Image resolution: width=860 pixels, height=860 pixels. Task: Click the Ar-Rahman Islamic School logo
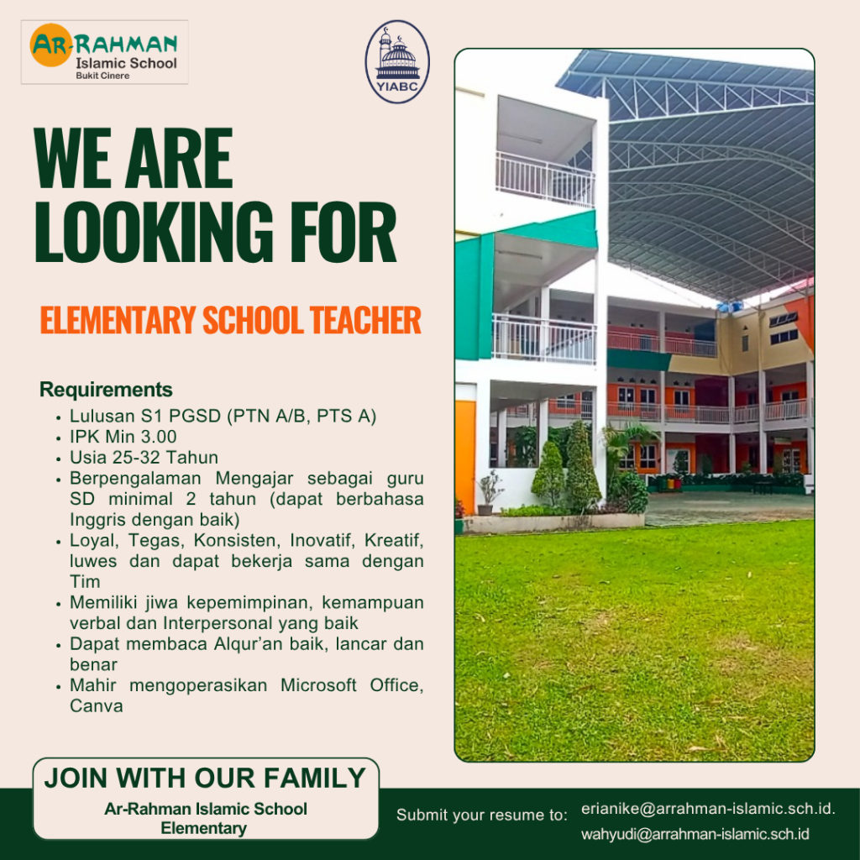click(104, 52)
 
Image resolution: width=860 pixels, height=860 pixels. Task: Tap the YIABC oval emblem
click(397, 62)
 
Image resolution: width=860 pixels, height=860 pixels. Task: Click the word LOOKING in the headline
click(154, 232)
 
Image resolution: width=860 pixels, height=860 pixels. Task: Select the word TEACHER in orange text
click(365, 320)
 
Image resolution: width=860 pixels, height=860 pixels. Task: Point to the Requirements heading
click(106, 390)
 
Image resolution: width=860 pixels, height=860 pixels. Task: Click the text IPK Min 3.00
click(123, 437)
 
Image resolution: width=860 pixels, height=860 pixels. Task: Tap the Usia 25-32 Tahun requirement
click(144, 458)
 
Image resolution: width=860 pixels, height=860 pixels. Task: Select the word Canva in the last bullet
click(96, 705)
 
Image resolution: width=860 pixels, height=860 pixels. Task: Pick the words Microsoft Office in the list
click(352, 685)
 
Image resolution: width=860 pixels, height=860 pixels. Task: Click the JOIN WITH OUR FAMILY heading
click(205, 778)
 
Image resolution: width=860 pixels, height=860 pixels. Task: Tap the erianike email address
click(708, 809)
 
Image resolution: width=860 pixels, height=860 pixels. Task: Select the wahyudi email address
click(695, 834)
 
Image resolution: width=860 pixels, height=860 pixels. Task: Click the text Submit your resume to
click(481, 815)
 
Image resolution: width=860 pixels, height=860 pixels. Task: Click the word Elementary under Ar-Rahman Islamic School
click(203, 828)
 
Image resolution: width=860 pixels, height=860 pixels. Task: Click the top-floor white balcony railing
click(544, 179)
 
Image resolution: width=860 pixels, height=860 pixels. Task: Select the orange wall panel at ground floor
click(465, 456)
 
